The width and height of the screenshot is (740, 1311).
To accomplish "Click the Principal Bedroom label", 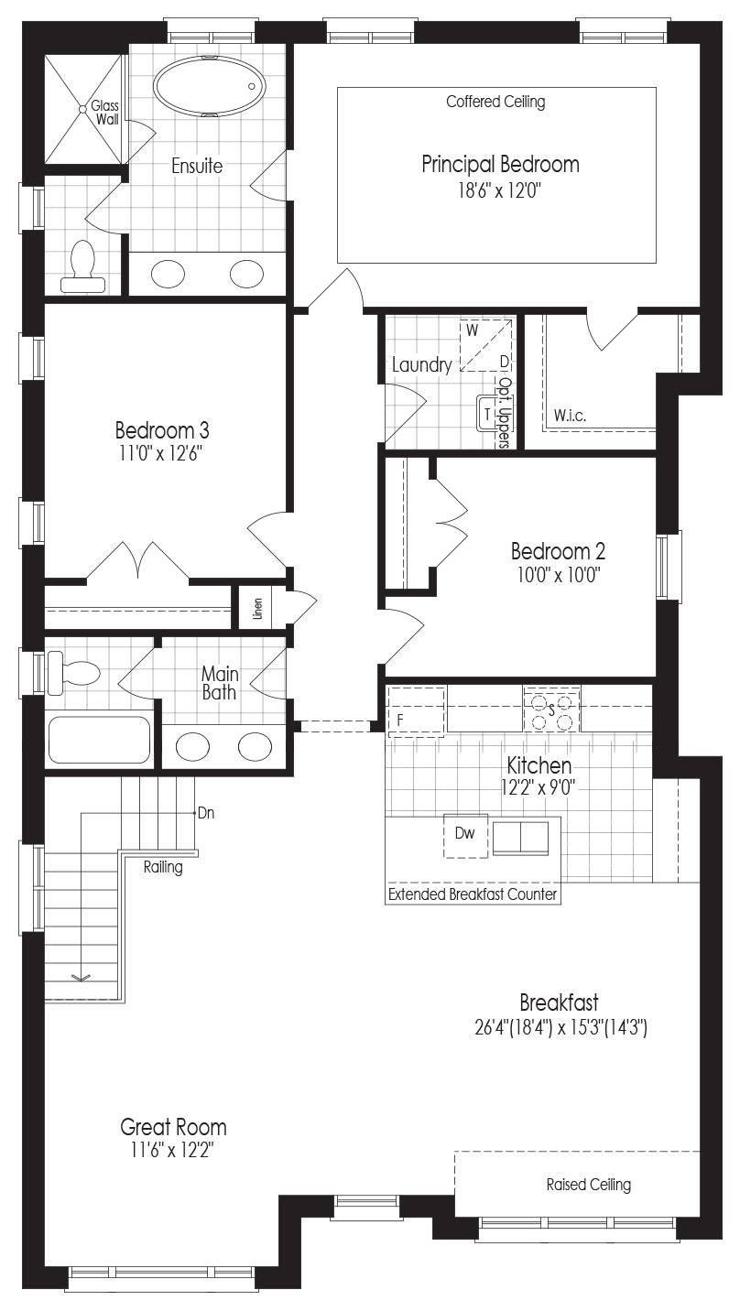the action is click(x=501, y=165).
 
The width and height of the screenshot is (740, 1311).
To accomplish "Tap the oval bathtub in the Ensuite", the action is click(x=209, y=86).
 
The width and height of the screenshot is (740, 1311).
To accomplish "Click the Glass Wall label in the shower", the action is click(x=105, y=113).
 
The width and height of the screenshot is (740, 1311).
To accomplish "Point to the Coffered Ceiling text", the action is click(x=495, y=102).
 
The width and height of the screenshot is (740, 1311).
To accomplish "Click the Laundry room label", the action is click(x=421, y=365).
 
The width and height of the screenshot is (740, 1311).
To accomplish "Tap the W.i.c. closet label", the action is click(x=571, y=416).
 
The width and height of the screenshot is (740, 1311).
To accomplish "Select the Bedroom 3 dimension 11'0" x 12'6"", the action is click(x=161, y=454).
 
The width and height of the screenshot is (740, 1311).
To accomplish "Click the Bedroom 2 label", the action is click(x=558, y=551).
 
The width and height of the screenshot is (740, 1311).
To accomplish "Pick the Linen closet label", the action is click(x=257, y=609).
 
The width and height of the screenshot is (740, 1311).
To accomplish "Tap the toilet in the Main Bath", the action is click(x=74, y=673).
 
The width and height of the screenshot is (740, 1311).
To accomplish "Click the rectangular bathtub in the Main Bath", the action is click(x=99, y=740).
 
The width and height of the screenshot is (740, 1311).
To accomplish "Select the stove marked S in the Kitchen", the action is click(x=551, y=710).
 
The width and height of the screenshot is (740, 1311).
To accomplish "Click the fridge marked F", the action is click(x=416, y=711).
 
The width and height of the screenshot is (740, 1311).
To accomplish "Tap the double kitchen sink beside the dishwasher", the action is click(x=521, y=838).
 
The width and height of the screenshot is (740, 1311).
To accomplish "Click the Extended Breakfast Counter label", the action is click(x=473, y=894).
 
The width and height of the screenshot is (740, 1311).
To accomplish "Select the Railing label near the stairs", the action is click(x=163, y=867).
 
